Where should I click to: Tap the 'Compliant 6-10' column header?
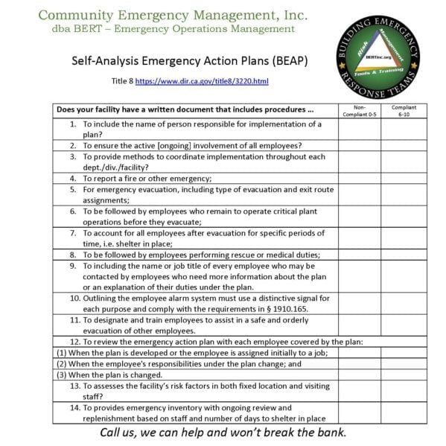tap(404, 111)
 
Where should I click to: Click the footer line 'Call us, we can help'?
tap(223, 433)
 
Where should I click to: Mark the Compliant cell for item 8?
tap(404, 254)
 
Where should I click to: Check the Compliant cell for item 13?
tap(404, 392)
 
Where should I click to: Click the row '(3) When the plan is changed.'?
tap(109, 375)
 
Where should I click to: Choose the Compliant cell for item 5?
tap(404, 194)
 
